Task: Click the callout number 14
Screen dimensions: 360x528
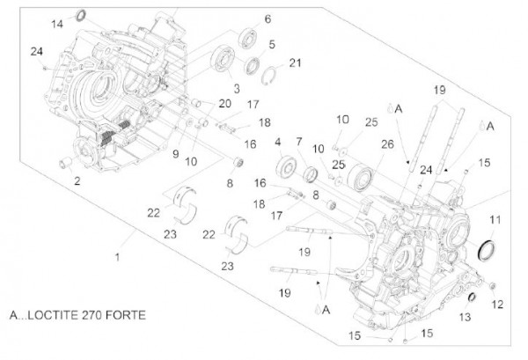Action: point(58,24)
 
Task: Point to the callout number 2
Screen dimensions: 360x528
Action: point(78,181)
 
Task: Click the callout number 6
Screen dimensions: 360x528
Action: point(268,18)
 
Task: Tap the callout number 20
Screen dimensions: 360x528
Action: point(225,104)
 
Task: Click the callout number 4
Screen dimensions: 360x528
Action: point(279,142)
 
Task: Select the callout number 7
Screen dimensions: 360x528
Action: point(299,142)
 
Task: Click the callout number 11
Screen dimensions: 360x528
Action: point(495,219)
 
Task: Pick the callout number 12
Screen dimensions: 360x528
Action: point(497,305)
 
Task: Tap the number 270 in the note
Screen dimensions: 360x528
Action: point(92,314)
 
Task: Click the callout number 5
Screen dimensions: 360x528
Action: point(272,43)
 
